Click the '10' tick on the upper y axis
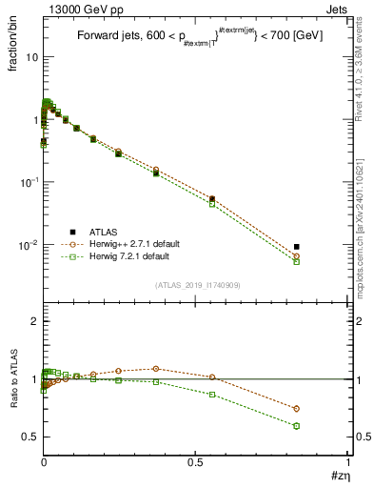tap(30, 57)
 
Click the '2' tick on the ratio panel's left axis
tap(34, 321)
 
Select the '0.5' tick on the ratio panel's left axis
tap(30, 437)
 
